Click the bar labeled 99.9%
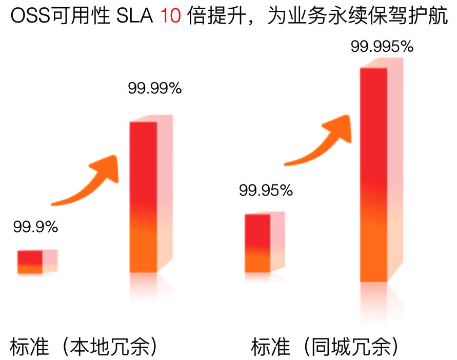tap(30, 262)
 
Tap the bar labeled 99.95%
tap(257, 243)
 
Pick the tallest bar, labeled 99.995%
tap(373, 174)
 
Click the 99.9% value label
tap(35, 226)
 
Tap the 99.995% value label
tap(382, 47)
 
